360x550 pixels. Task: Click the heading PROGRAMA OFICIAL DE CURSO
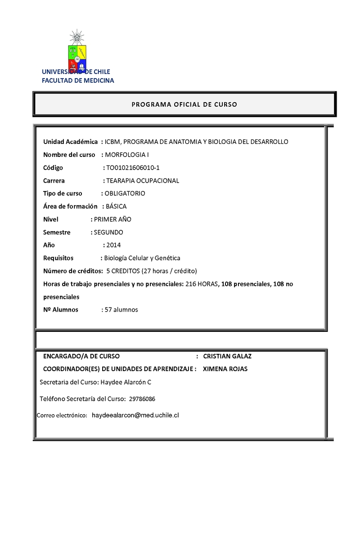tap(184, 104)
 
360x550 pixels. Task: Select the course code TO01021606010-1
tap(133, 168)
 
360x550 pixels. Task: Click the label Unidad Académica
tap(71, 142)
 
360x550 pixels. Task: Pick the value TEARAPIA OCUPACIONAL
tap(142, 181)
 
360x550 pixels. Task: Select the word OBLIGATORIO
tap(125, 193)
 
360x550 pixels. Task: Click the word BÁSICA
tap(116, 206)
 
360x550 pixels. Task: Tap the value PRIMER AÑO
tap(112, 219)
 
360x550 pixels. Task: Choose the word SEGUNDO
tap(108, 233)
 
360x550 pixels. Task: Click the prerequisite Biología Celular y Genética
tap(142, 258)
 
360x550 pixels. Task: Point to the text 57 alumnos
tap(121, 309)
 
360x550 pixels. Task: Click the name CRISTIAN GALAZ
tap(227, 356)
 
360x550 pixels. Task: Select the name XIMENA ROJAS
tap(225, 369)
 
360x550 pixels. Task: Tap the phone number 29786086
tap(142, 399)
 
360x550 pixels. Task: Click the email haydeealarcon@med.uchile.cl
tap(135, 416)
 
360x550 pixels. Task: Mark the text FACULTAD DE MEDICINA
tap(78, 81)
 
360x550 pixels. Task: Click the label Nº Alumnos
tap(61, 309)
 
